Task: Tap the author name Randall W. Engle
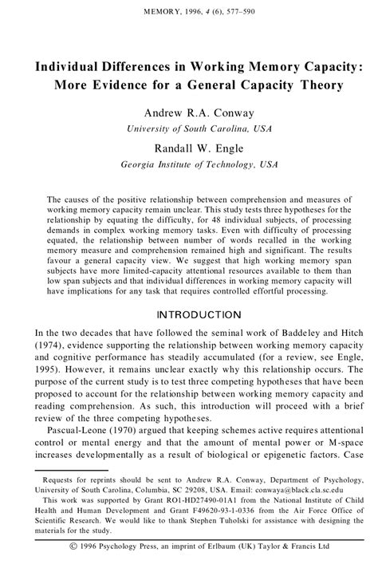point(188,147)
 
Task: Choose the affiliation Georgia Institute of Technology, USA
point(188,164)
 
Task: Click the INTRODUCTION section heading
point(189,314)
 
